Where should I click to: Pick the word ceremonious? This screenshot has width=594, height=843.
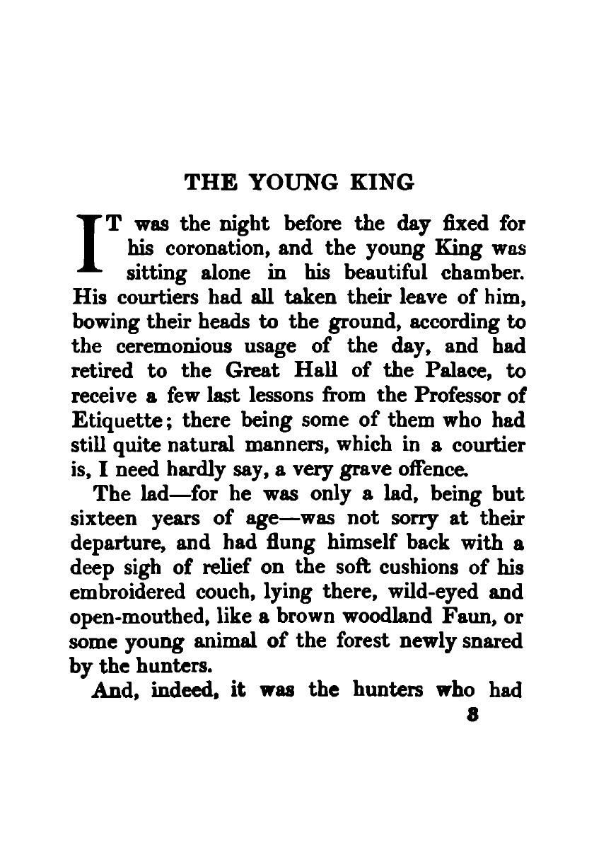tap(165, 346)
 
